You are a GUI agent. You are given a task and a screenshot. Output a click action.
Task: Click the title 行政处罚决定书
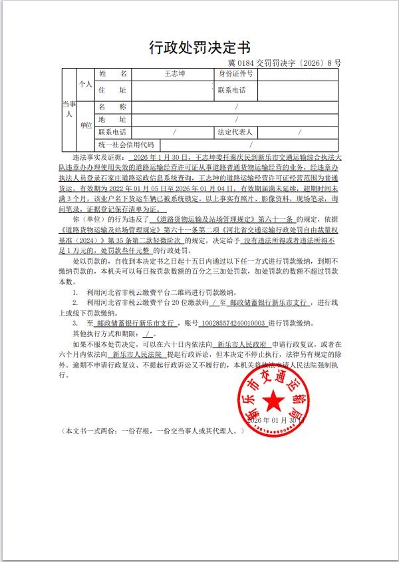pyautogui.click(x=199, y=47)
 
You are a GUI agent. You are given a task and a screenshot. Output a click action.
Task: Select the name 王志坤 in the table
pyautogui.click(x=174, y=74)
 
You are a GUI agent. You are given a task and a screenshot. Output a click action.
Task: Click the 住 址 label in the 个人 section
pyautogui.click(x=112, y=90)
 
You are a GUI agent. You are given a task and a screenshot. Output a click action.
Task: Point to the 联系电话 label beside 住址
pyautogui.click(x=231, y=90)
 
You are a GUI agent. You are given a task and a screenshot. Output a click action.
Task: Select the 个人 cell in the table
pyautogui.click(x=85, y=85)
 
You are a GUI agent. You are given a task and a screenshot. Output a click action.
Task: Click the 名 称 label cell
pyautogui.click(x=112, y=107)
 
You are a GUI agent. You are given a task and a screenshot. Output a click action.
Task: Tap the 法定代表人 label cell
pyautogui.click(x=235, y=132)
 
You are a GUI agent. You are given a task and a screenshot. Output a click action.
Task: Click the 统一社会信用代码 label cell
pyautogui.click(x=126, y=144)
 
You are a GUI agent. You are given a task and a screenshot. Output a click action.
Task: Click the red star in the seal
pyautogui.click(x=273, y=400)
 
